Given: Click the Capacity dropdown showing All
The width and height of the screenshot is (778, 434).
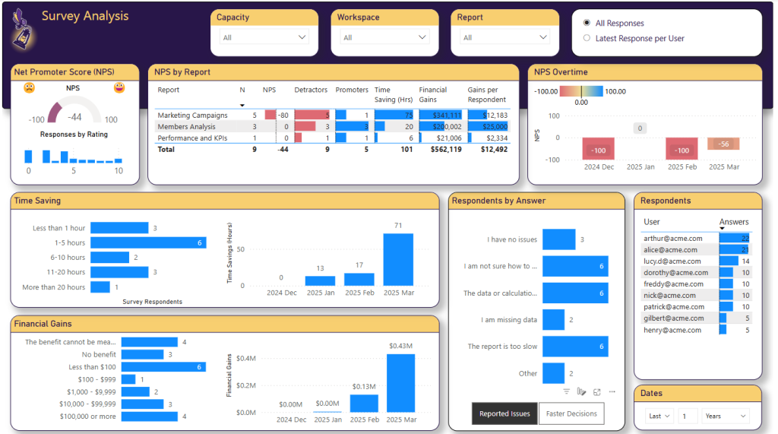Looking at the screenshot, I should (263, 37).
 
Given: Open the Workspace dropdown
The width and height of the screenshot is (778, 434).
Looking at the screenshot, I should (384, 37).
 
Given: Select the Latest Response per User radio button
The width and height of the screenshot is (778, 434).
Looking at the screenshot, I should (587, 38).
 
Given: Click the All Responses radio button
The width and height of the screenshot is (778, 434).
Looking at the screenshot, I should (587, 23).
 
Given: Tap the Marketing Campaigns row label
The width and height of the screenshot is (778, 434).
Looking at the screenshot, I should (192, 116).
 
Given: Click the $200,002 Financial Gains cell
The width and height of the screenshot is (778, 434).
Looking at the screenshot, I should (441, 127).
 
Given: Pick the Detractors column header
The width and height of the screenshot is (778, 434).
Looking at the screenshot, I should (310, 90).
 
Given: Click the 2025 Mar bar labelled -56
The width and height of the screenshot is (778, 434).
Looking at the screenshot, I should (723, 144).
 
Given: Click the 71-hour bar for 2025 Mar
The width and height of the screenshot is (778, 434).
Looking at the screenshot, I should (398, 259).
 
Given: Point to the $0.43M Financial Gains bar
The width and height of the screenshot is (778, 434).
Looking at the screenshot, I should (400, 383).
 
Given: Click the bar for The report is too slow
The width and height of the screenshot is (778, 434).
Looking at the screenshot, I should (574, 347).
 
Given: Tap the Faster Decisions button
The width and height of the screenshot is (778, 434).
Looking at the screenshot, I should (571, 413).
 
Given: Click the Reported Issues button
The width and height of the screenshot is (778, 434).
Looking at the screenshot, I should (504, 413).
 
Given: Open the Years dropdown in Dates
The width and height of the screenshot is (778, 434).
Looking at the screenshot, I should (725, 416).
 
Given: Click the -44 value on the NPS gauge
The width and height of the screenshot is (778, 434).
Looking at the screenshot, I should (74, 117).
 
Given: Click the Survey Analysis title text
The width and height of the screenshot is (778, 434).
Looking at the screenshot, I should (85, 16).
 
